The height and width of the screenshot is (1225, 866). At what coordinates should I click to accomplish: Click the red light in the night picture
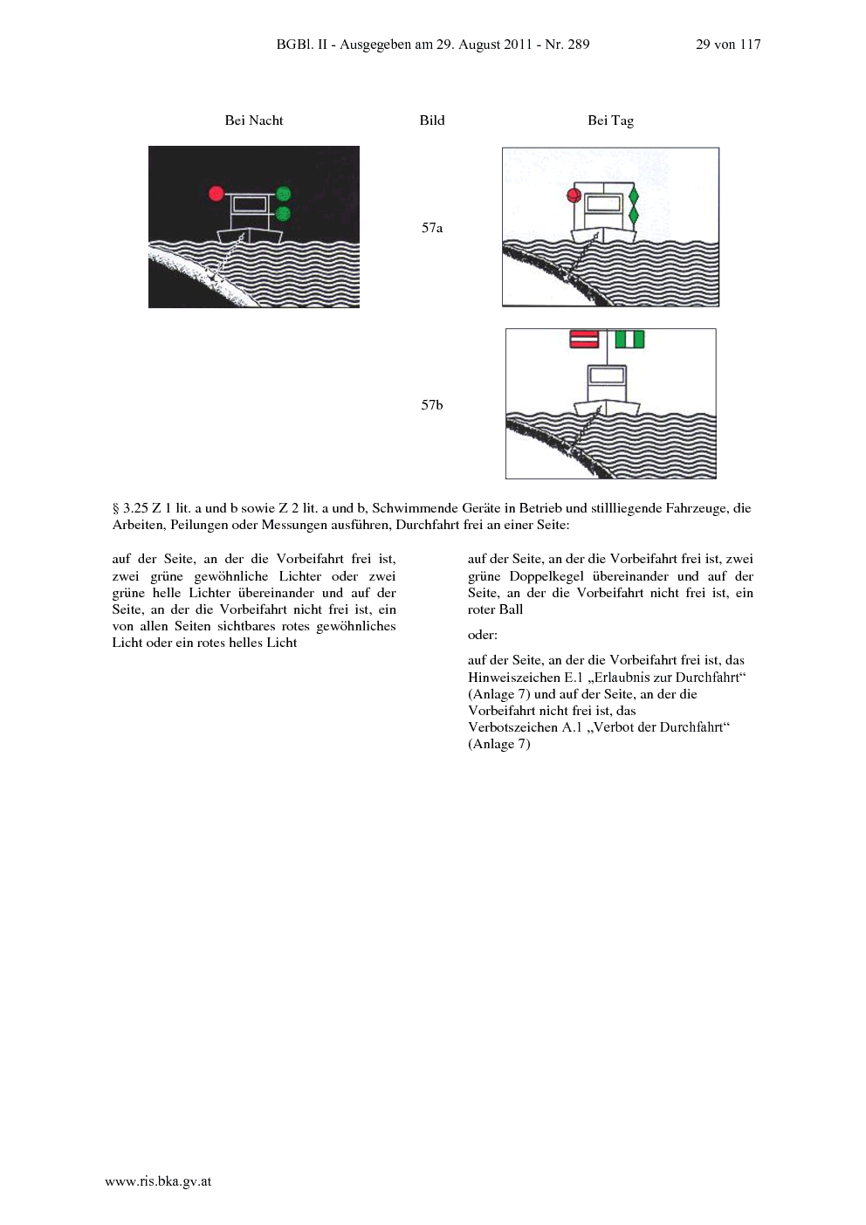pyautogui.click(x=216, y=193)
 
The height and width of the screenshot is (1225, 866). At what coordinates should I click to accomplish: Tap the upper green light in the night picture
pyautogui.click(x=283, y=194)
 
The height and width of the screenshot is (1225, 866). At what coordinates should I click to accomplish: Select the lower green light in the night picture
pyautogui.click(x=283, y=213)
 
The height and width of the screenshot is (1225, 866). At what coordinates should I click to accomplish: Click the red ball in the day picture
pyautogui.click(x=574, y=196)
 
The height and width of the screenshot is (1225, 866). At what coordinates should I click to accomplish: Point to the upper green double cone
pyautogui.click(x=634, y=196)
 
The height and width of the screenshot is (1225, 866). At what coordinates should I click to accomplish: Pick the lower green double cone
pyautogui.click(x=634, y=216)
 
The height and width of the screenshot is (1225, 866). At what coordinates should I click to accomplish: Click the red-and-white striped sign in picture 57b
pyautogui.click(x=584, y=339)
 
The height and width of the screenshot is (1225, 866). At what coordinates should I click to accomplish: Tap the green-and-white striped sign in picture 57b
pyautogui.click(x=629, y=339)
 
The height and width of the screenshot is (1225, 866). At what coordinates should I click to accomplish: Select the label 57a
pyautogui.click(x=432, y=228)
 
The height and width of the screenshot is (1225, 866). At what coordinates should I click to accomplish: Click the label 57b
pyautogui.click(x=432, y=404)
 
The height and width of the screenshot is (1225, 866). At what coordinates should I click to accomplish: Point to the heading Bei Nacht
pyautogui.click(x=254, y=120)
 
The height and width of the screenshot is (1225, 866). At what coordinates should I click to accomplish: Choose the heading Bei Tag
pyautogui.click(x=611, y=120)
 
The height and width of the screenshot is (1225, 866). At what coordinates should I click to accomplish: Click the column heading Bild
pyautogui.click(x=432, y=120)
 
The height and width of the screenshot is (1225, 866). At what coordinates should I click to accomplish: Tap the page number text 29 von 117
pyautogui.click(x=728, y=45)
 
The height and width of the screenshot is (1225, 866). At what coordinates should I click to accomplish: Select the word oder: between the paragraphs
pyautogui.click(x=482, y=635)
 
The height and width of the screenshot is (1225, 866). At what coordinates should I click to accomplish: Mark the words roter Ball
pyautogui.click(x=495, y=609)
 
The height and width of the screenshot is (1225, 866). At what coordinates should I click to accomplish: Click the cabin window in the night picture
pyautogui.click(x=250, y=204)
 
